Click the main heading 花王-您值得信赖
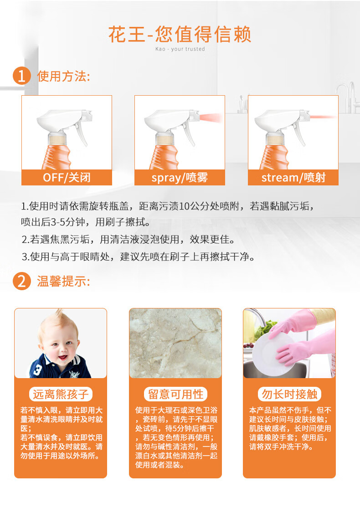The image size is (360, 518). point(180,35)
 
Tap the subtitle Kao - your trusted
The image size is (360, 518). point(180,49)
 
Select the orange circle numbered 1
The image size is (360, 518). point(21,76)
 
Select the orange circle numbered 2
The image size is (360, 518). point(21,281)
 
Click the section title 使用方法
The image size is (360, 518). point(63,76)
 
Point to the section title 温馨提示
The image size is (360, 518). point(63,281)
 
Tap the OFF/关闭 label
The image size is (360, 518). point(67,177)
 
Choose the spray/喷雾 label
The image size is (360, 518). point(180,177)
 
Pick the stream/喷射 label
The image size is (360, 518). point(293,177)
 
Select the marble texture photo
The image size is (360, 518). point(175,344)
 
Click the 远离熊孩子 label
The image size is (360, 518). point(61,394)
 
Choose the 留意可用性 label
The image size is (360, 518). point(175,394)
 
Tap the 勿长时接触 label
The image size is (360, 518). point(289,394)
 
